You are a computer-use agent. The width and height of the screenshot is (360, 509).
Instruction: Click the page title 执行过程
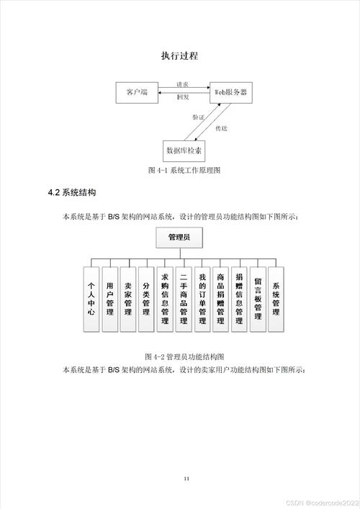pos(179,55)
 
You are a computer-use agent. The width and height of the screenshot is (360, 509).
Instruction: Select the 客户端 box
pos(137,93)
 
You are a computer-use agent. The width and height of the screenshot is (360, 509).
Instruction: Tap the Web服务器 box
pos(232,93)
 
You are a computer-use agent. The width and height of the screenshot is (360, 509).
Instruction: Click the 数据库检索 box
pos(184,150)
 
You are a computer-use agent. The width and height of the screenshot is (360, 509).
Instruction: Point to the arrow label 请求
pos(184,85)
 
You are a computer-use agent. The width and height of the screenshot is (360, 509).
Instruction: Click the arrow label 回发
pos(184,96)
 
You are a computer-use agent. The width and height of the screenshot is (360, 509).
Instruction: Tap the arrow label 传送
pos(222,128)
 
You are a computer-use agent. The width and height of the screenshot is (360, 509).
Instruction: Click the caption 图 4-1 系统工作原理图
pos(184,171)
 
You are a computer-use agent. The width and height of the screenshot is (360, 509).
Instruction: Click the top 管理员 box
pos(179,237)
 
